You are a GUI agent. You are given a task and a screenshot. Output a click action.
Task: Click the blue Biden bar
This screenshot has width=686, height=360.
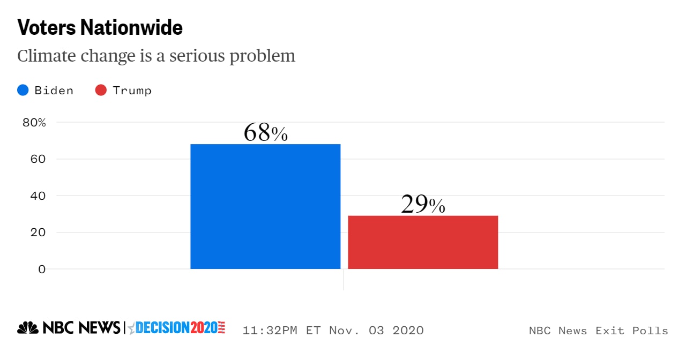[x=265, y=206]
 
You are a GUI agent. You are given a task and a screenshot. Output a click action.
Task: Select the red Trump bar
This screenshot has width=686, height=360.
[x=423, y=242]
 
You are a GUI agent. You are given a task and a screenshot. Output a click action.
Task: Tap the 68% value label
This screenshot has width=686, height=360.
[x=265, y=133]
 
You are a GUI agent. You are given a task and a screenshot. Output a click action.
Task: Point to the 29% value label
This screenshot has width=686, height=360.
[x=423, y=205]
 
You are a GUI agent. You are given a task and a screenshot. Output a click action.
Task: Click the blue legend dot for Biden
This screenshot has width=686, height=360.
[x=23, y=90]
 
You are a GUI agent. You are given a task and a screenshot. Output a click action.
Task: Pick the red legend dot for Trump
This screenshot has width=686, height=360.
[x=101, y=90]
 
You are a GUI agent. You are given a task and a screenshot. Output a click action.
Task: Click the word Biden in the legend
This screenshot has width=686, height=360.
[x=54, y=90]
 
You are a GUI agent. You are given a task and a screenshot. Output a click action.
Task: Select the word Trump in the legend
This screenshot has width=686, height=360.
[x=132, y=90]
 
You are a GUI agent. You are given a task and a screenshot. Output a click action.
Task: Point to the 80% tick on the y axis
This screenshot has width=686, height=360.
[x=34, y=123]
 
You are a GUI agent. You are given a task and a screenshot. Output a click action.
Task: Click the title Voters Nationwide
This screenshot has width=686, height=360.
[x=100, y=28]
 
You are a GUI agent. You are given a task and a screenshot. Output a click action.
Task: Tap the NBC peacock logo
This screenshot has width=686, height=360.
[x=28, y=328]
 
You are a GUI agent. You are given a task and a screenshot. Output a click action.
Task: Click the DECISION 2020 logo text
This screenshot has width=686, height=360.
[x=177, y=328]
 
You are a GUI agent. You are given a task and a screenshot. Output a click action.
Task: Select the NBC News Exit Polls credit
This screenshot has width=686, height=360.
[x=598, y=331]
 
